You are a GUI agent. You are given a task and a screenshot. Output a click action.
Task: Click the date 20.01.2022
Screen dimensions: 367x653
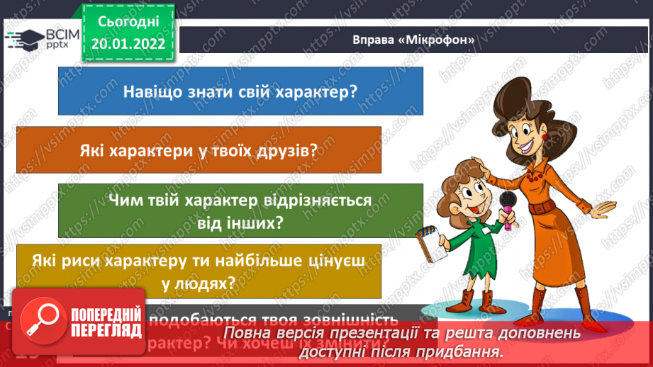click(x=128, y=44)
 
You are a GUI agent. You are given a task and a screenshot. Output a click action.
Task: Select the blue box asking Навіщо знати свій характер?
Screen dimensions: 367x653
click(x=240, y=91)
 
